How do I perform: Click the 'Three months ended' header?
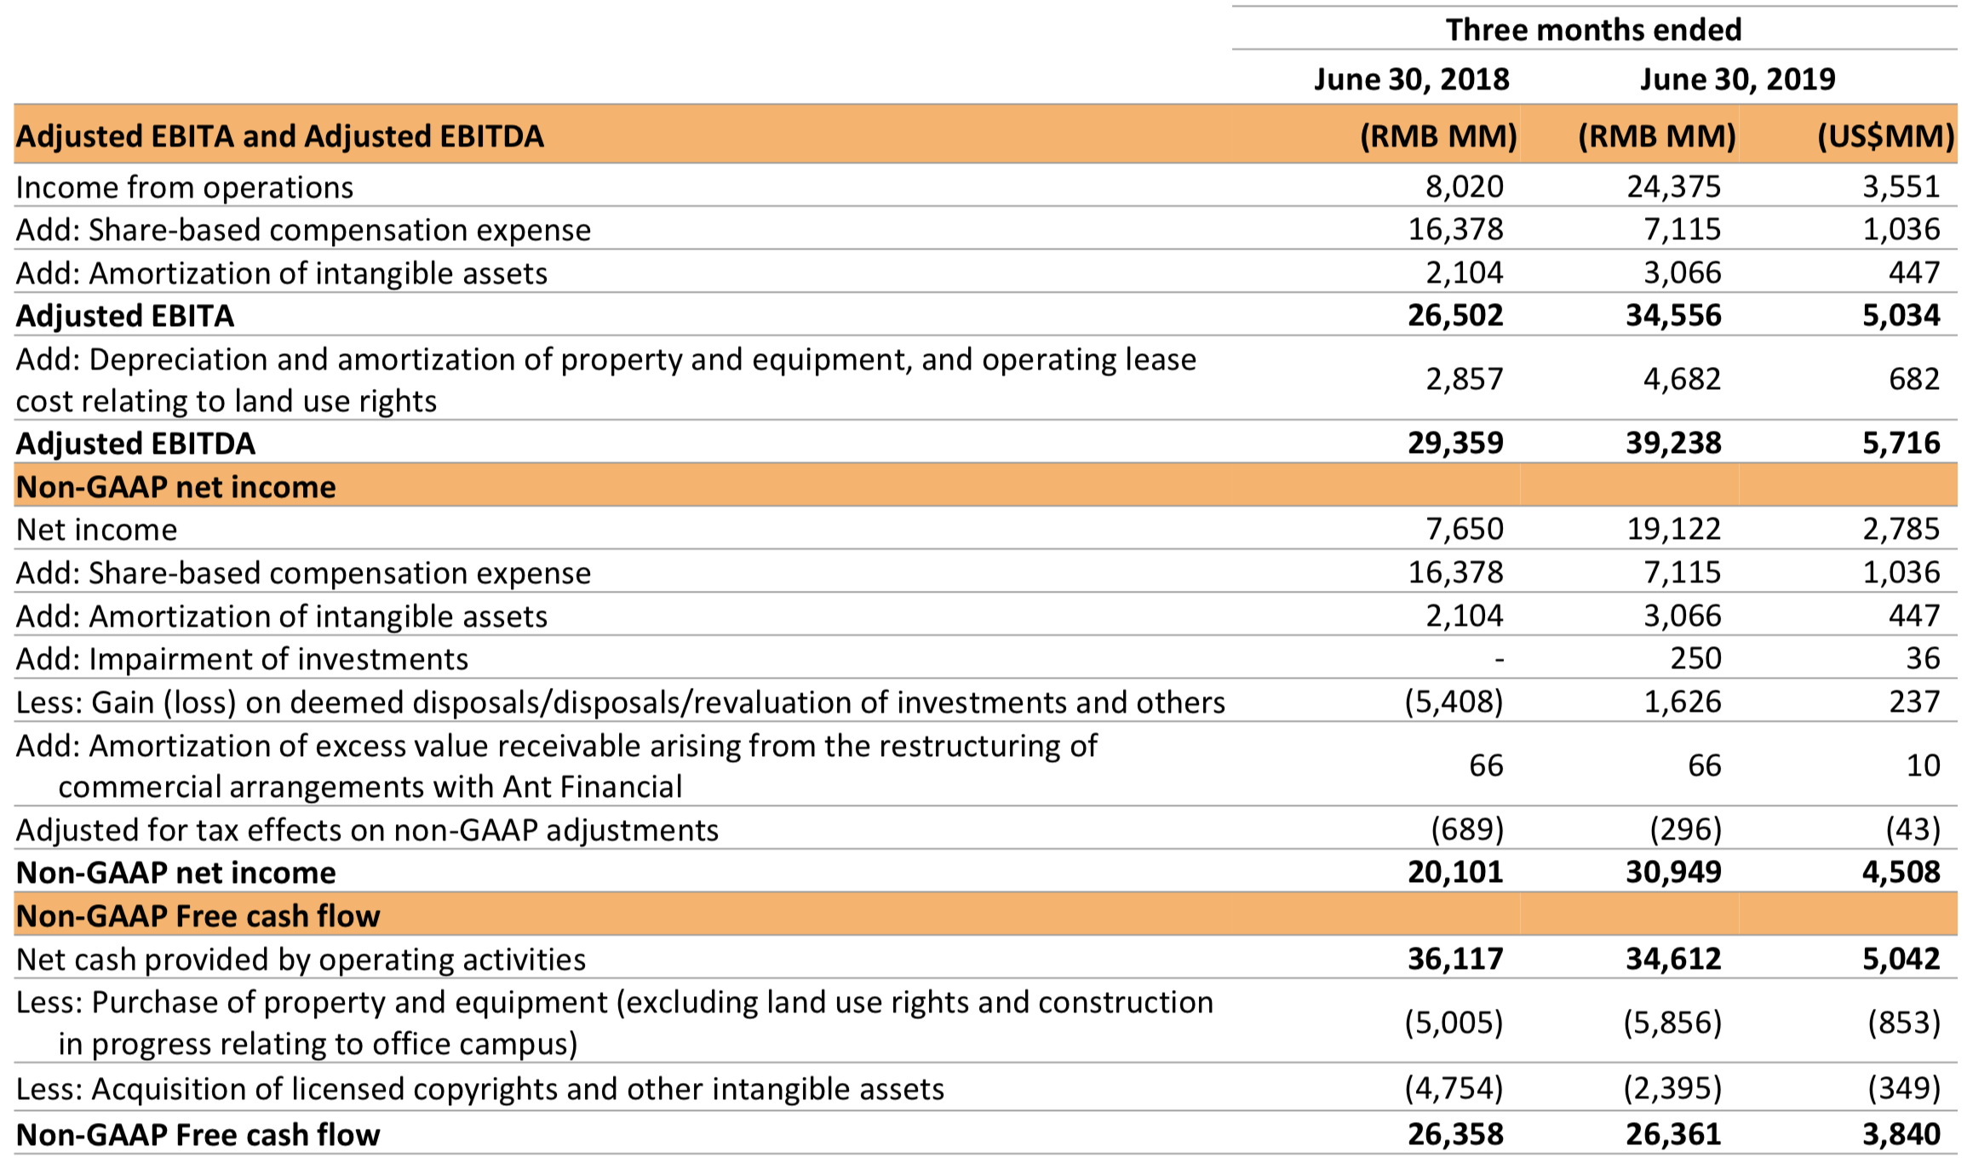tap(1593, 30)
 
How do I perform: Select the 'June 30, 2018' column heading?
tap(1411, 79)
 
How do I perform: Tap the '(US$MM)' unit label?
tap(1885, 136)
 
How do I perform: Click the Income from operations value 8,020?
tap(1465, 186)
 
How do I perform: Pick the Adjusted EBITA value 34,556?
tap(1673, 316)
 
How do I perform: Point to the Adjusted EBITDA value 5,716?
tap(1901, 443)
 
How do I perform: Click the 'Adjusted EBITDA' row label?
tap(136, 444)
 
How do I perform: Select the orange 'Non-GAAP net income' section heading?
tap(176, 487)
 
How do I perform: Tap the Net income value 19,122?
tap(1673, 530)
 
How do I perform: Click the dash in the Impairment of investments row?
tap(1499, 658)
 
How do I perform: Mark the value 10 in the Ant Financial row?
tap(1923, 765)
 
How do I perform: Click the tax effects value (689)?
tap(1467, 829)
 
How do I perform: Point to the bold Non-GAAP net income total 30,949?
tap(1673, 872)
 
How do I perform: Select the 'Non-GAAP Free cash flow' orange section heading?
tap(198, 916)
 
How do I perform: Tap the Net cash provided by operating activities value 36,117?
tap(1455, 960)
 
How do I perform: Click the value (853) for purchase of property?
tap(1904, 1023)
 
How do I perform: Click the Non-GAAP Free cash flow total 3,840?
tap(1901, 1135)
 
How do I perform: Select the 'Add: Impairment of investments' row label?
tap(243, 659)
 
